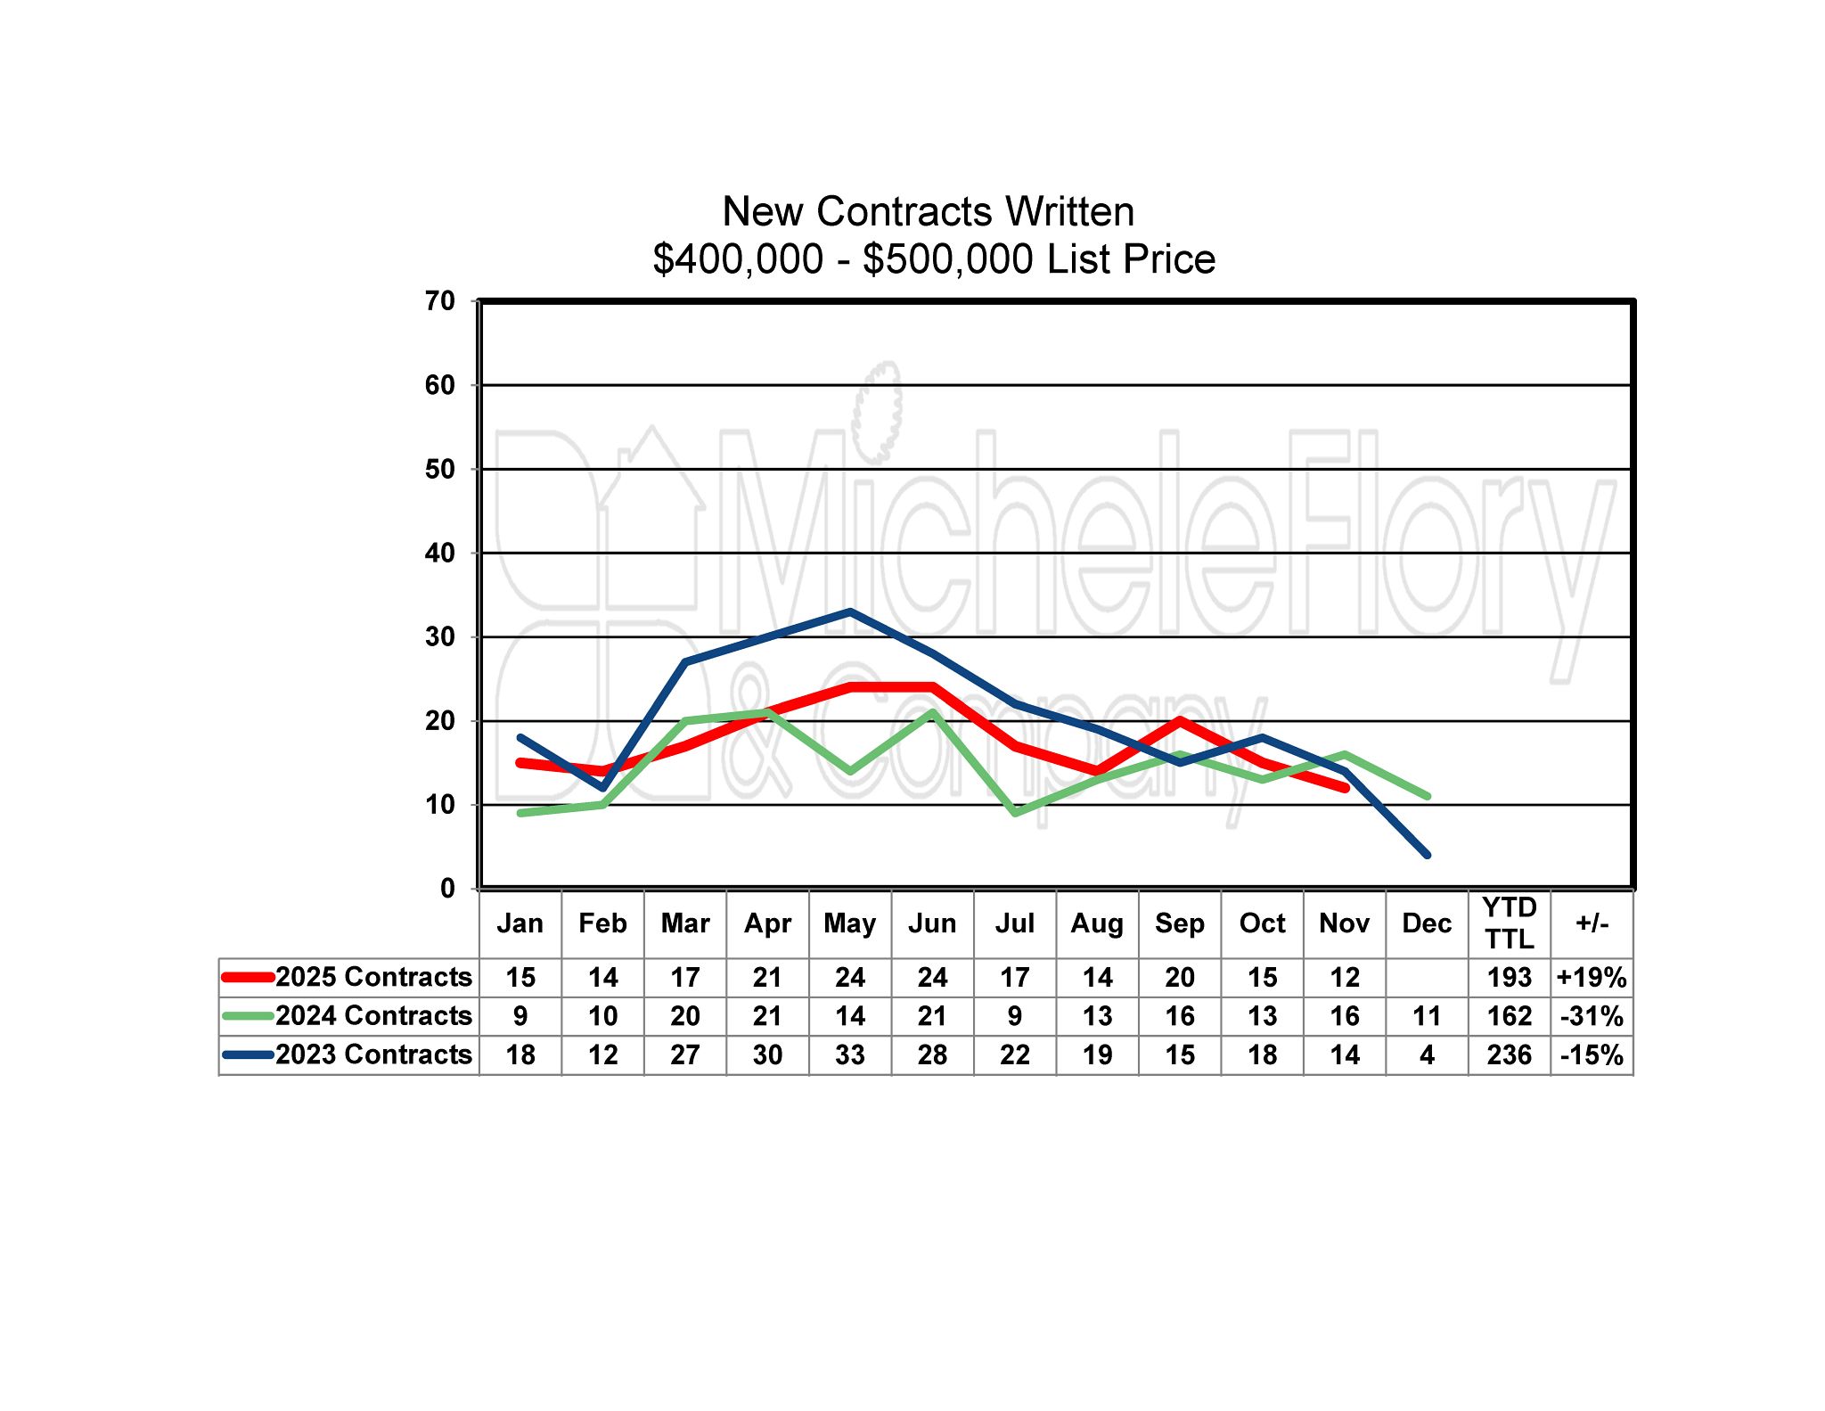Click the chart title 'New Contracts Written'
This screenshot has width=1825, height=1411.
pyautogui.click(x=928, y=212)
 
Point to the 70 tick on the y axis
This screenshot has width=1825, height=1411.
pyautogui.click(x=440, y=301)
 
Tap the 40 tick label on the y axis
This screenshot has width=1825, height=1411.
pyautogui.click(x=440, y=554)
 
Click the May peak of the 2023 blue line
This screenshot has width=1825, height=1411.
pyautogui.click(x=850, y=611)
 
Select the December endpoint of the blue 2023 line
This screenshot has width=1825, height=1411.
pyautogui.click(x=1427, y=855)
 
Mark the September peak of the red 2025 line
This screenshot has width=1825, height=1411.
pyautogui.click(x=1180, y=720)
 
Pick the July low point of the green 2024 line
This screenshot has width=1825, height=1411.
pyautogui.click(x=1015, y=813)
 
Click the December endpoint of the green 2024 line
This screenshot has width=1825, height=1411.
pyautogui.click(x=1427, y=796)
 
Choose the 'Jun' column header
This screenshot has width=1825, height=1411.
pyautogui.click(x=932, y=923)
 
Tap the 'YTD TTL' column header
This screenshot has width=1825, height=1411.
pyautogui.click(x=1509, y=923)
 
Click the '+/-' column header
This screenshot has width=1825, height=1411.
pyautogui.click(x=1592, y=923)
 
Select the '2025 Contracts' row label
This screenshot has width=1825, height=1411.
pyautogui.click(x=373, y=977)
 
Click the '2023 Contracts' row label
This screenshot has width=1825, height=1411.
pyautogui.click(x=373, y=1054)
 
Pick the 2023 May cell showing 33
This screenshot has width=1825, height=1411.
pyautogui.click(x=850, y=1055)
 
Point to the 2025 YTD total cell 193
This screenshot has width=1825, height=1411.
pyautogui.click(x=1509, y=978)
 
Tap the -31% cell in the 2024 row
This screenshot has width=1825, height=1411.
pyautogui.click(x=1592, y=1016)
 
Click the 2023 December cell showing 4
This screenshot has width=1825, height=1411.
pyautogui.click(x=1427, y=1055)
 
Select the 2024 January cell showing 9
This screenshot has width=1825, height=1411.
pyautogui.click(x=520, y=1016)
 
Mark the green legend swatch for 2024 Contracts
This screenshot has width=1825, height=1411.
pyautogui.click(x=248, y=1016)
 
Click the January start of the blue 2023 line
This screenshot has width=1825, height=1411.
pyautogui.click(x=520, y=737)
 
